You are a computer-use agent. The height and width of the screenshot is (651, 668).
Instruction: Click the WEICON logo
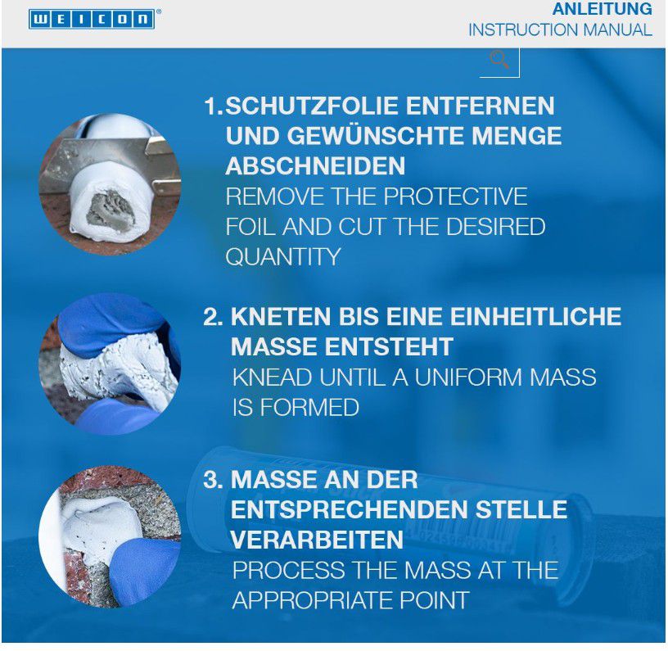[x=91, y=19]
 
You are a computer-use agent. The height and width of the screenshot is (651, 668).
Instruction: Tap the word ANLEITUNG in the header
[x=602, y=9]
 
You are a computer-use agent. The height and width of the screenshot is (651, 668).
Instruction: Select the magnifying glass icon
[x=499, y=60]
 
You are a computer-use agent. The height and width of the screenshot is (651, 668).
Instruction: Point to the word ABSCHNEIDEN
[x=315, y=166]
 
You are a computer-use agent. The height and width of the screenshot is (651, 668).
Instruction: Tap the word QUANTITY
[x=282, y=256]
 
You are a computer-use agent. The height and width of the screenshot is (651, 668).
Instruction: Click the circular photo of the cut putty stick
[x=110, y=184]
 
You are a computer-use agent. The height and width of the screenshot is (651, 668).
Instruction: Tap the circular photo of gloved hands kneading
[x=110, y=364]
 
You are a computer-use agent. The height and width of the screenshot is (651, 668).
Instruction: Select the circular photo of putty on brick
[x=110, y=536]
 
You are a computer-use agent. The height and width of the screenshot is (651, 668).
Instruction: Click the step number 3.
[x=211, y=480]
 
